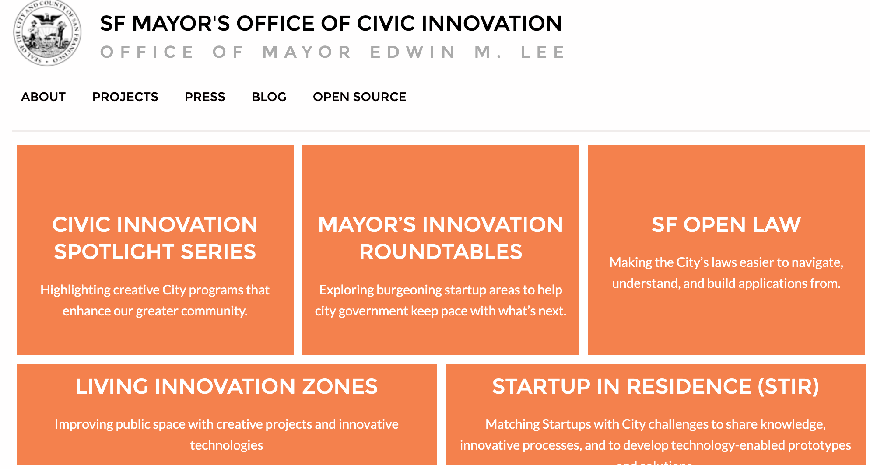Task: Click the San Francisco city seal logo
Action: click(47, 33)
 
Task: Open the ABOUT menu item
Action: click(43, 97)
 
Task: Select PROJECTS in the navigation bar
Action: click(125, 97)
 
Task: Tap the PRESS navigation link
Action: click(205, 97)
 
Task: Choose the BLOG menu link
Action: click(269, 97)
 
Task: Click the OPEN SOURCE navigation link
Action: click(359, 97)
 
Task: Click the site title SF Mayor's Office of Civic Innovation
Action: click(331, 23)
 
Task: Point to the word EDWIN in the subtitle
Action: click(413, 52)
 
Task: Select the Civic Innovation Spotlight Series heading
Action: click(155, 238)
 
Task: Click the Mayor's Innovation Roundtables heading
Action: click(440, 238)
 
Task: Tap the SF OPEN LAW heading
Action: click(726, 225)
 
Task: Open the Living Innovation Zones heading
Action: click(227, 387)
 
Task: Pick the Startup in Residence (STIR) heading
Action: click(655, 387)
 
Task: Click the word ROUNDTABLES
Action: click(441, 252)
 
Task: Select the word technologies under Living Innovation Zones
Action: click(227, 445)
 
